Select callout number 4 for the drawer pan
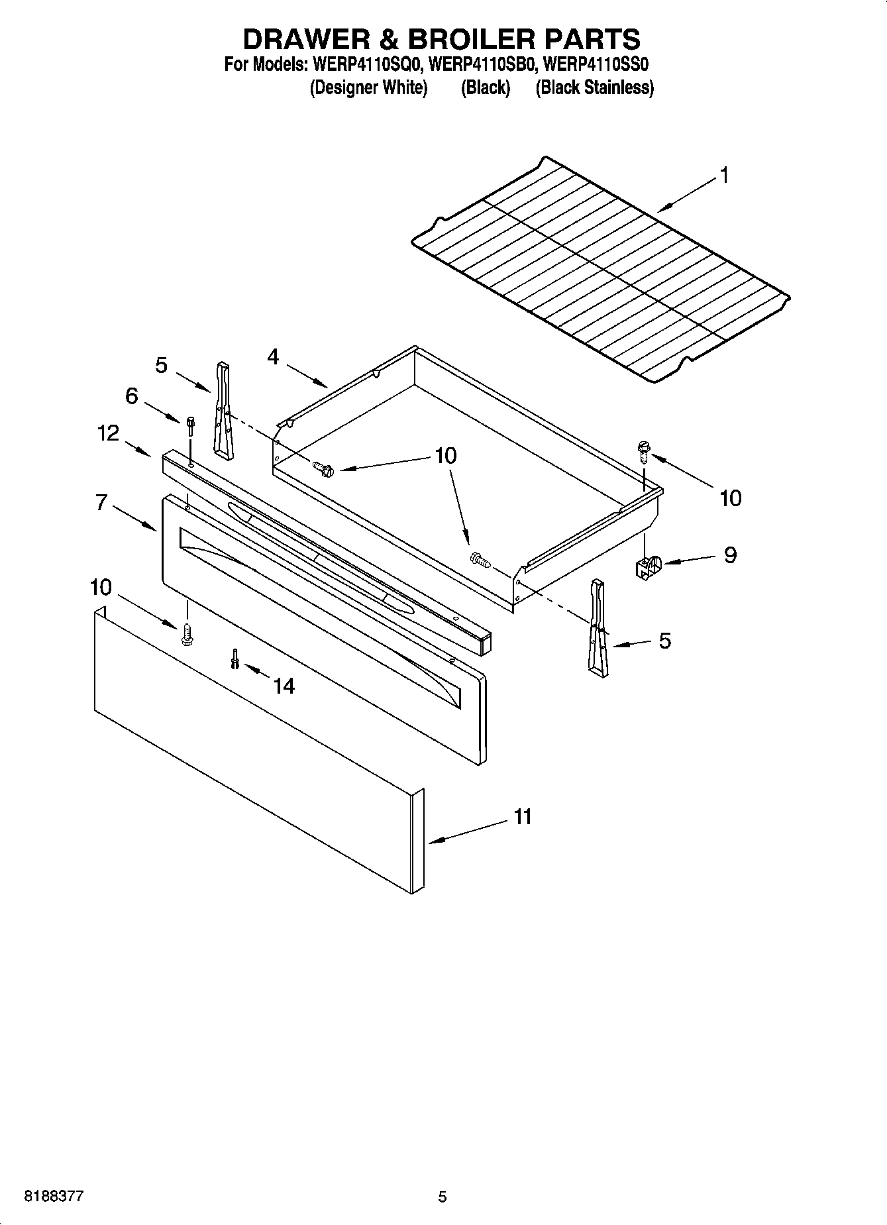point(273,357)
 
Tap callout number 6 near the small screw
point(132,396)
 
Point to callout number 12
point(108,433)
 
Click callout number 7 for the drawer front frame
point(101,502)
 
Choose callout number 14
point(284,686)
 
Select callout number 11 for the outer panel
point(523,817)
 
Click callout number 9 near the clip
point(729,555)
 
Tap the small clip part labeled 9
point(647,567)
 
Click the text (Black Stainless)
point(594,87)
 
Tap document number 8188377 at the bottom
point(54,1197)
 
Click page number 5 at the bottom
point(443,1197)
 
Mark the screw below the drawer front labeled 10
point(186,635)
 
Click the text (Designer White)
point(368,87)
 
